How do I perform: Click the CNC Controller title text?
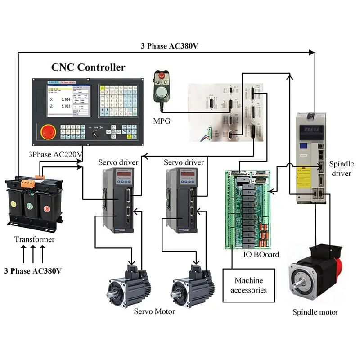click(x=88, y=67)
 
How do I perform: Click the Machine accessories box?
click(x=248, y=285)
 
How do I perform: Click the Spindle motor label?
click(x=315, y=312)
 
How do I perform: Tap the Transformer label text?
click(x=35, y=239)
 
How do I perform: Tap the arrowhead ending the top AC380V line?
click(x=312, y=53)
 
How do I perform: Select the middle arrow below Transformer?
click(x=33, y=255)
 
